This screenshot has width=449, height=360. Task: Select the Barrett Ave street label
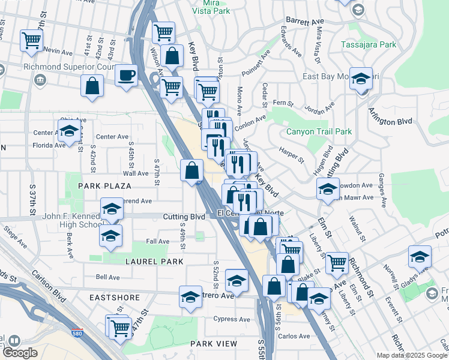tap(304, 21)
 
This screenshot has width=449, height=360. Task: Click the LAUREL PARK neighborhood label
tap(154, 262)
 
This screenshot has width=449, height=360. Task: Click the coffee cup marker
tap(125, 76)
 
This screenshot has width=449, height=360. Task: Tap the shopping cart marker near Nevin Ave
tap(31, 41)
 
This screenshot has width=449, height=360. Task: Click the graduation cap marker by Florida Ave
tap(69, 131)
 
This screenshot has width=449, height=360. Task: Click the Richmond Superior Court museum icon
tap(40, 79)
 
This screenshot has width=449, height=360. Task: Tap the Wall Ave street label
tap(135, 173)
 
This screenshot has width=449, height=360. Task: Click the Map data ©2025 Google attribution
tap(412, 355)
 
